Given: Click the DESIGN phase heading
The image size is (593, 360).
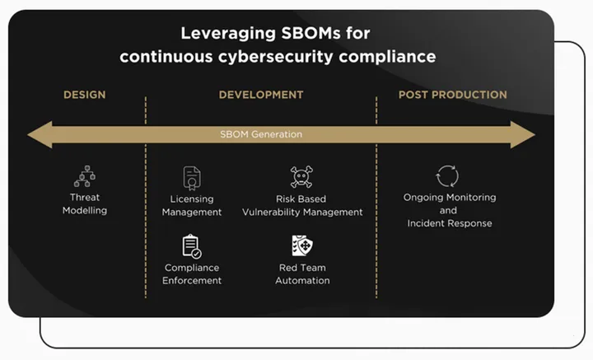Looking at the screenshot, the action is [x=84, y=95].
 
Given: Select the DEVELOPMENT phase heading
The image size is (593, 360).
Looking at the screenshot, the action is [x=261, y=95].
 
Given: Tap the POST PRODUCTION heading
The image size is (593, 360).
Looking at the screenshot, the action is [x=453, y=95].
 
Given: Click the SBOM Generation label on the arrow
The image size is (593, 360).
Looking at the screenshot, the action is [x=261, y=134].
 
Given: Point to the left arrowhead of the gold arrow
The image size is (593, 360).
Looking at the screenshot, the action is [x=40, y=134].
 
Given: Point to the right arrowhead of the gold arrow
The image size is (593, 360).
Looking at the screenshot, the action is [x=523, y=134].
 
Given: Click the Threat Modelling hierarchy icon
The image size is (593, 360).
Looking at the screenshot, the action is [x=85, y=176].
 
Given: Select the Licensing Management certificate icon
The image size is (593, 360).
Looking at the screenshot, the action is [x=192, y=178].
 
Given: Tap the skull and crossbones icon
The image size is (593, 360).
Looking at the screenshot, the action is [x=301, y=176].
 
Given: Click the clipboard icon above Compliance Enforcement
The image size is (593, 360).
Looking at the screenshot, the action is [x=192, y=246].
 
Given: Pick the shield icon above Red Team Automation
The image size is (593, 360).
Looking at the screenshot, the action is [x=302, y=245].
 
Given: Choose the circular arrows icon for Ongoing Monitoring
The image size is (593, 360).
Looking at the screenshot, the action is [x=447, y=176].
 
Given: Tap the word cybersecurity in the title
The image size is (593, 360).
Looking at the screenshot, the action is [x=275, y=57].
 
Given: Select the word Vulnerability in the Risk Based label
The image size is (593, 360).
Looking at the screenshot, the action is [x=271, y=213].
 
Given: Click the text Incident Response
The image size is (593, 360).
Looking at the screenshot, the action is [x=450, y=223].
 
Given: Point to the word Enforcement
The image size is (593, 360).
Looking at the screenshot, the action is [x=192, y=281].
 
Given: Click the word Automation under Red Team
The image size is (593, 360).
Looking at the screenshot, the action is [x=302, y=281].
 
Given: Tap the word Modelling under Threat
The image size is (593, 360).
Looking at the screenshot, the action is [x=85, y=211].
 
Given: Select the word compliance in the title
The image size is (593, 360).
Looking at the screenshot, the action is [x=387, y=57].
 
